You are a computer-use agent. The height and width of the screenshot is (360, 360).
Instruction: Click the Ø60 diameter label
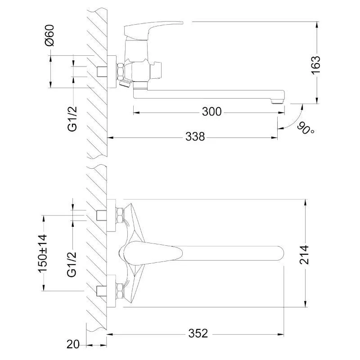click(50, 36)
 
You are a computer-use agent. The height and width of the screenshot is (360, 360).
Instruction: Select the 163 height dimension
click(315, 64)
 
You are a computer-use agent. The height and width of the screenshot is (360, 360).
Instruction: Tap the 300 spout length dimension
click(211, 112)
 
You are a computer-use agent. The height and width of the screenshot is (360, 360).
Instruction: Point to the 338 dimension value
click(195, 137)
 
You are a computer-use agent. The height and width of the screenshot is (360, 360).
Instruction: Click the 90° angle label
click(306, 129)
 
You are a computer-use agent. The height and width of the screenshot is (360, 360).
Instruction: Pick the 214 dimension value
click(305, 255)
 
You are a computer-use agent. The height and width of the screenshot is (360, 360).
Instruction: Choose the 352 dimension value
click(198, 333)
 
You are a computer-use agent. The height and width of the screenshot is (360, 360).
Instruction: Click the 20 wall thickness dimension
click(73, 344)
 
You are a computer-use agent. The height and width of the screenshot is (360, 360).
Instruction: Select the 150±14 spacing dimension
click(42, 253)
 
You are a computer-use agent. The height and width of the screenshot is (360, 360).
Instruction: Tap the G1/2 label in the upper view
click(72, 119)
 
